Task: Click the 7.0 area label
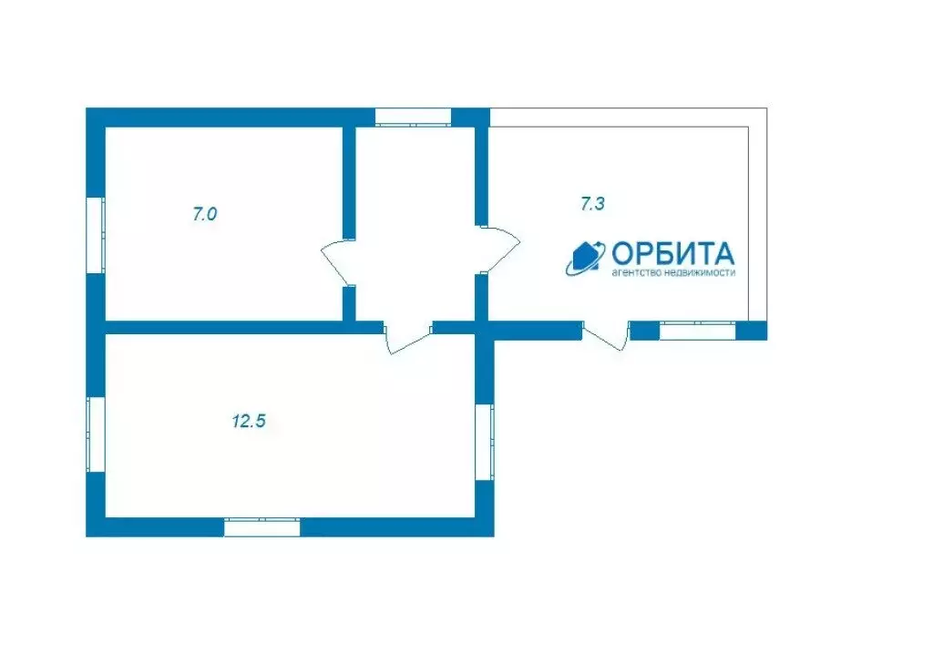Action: point(204,214)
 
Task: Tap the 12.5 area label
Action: point(249,422)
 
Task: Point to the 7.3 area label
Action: point(592,204)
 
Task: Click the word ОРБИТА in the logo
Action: point(673,254)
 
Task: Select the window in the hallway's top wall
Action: point(413,117)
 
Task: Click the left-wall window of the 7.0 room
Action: point(96,235)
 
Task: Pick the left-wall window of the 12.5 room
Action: point(96,434)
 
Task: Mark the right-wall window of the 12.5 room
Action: point(485,443)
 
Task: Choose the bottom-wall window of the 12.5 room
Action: point(261,527)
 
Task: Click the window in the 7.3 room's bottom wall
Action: point(698,330)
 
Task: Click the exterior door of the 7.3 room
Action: point(605,337)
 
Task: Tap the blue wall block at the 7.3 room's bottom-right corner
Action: point(752,330)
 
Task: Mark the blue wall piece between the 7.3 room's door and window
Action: point(645,330)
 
